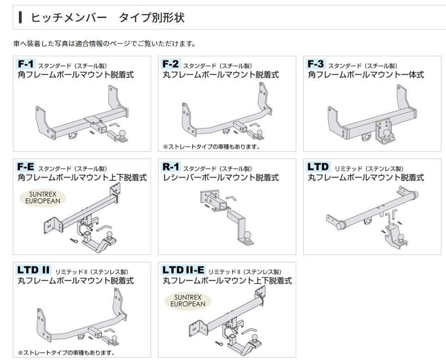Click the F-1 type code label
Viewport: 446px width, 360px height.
[x=26, y=64]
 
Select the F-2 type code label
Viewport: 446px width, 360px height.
[x=170, y=64]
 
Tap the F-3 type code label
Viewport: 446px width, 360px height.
[x=316, y=64]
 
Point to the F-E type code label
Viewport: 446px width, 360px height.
[x=26, y=167]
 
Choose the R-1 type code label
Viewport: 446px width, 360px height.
[x=171, y=167]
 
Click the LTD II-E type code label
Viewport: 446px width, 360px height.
[x=183, y=270]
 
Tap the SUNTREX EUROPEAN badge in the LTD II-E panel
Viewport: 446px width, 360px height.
[x=188, y=301]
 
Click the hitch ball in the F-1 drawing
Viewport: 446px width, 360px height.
[x=123, y=133]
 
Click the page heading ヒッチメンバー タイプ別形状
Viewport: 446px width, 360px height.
[x=107, y=18]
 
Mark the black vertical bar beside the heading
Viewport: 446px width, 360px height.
[x=20, y=18]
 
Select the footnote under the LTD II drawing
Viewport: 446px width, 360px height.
[x=66, y=353]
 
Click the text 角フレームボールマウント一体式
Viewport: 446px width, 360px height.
[x=366, y=75]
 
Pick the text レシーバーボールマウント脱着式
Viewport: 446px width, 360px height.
[x=221, y=177]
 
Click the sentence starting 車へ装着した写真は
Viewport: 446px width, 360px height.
[x=105, y=44]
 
